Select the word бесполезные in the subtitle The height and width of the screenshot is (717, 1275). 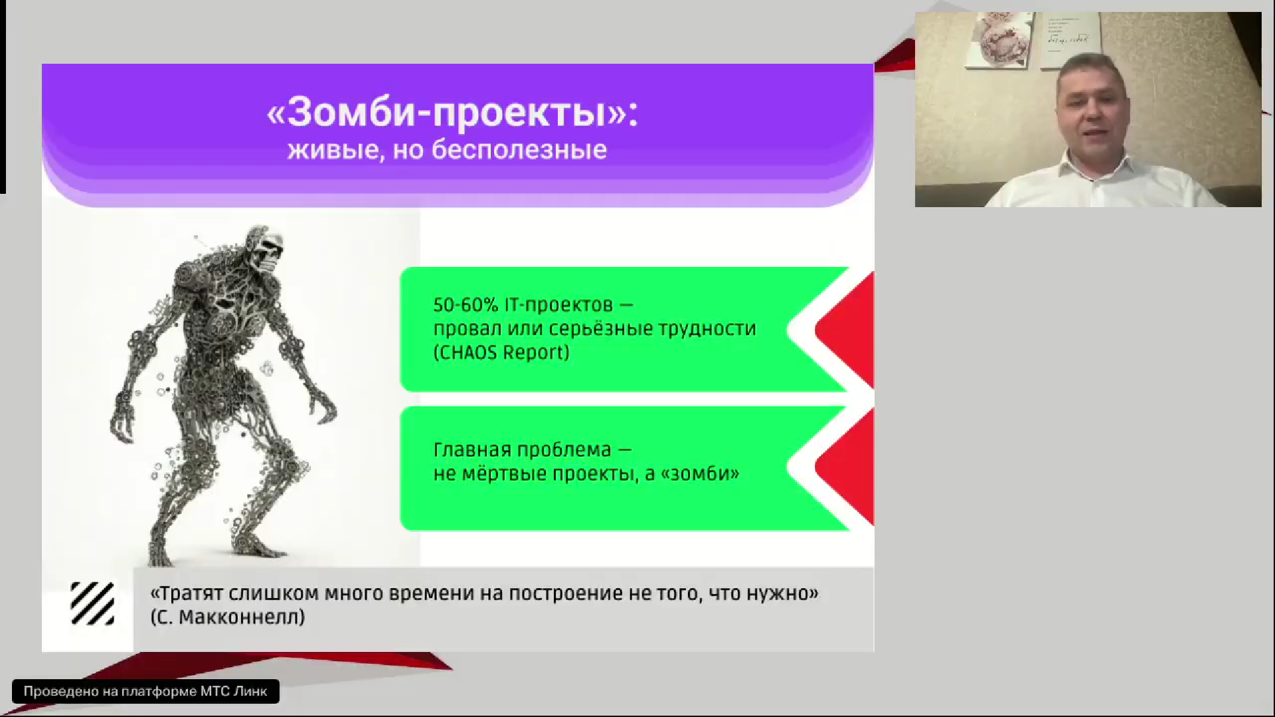[x=519, y=150]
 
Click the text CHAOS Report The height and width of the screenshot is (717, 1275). [x=501, y=353]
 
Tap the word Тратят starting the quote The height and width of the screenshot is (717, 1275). [x=191, y=594]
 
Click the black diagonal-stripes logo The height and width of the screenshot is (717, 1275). [x=92, y=603]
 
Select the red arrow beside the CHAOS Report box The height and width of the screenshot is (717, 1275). [x=845, y=329]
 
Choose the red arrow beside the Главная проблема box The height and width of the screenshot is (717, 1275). [x=845, y=467]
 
